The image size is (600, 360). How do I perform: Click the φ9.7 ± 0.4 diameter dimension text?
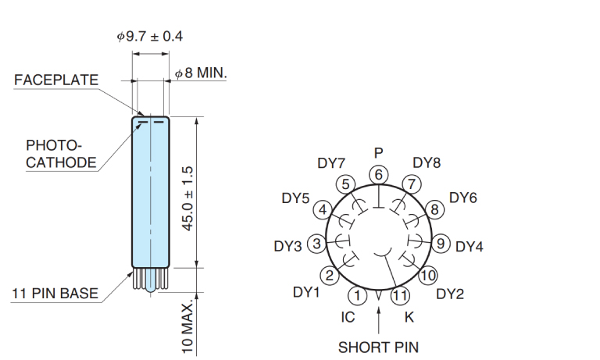pyautogui.click(x=150, y=37)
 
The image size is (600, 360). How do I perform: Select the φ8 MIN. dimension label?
pyautogui.click(x=200, y=73)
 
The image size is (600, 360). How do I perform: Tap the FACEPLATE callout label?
pyautogui.click(x=56, y=80)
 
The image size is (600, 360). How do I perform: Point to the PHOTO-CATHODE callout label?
pyautogui.click(x=61, y=154)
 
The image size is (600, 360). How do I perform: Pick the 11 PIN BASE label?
pyautogui.click(x=55, y=294)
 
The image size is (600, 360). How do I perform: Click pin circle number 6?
pyautogui.click(x=379, y=174)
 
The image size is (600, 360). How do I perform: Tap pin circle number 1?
pyautogui.click(x=357, y=295)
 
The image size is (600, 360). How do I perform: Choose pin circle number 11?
pyautogui.click(x=400, y=295)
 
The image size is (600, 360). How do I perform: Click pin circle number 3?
pyautogui.click(x=316, y=244)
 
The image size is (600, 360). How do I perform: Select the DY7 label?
pyautogui.click(x=331, y=163)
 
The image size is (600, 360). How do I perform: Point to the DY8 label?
pyautogui.click(x=427, y=163)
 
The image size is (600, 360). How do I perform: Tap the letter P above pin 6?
pyautogui.click(x=379, y=152)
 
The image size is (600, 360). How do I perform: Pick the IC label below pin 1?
pyautogui.click(x=348, y=317)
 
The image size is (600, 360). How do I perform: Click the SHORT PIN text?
pyautogui.click(x=378, y=347)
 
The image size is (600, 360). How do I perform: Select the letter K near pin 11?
pyautogui.click(x=409, y=317)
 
